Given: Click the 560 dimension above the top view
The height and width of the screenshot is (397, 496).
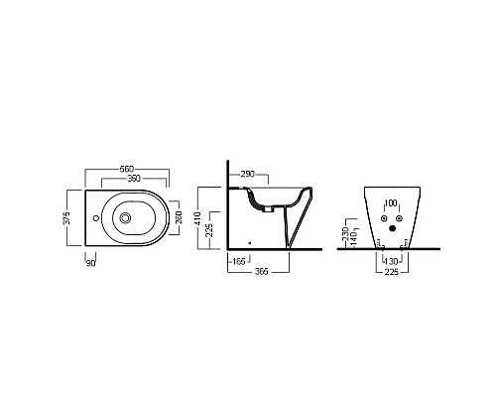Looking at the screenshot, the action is tap(127, 169).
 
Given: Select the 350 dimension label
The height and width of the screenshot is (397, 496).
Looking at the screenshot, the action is tap(134, 179).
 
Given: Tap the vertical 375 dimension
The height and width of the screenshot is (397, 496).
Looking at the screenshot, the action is tap(66, 218).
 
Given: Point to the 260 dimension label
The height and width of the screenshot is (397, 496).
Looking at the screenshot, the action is tap(179, 217).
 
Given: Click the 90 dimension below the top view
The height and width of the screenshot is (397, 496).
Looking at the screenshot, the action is tap(90, 264).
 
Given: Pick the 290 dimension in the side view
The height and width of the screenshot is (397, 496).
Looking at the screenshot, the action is tap(248, 174).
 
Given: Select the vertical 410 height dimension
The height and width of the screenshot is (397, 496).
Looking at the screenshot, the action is tap(198, 218).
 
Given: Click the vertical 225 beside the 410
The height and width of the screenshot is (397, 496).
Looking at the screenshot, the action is tap(209, 230).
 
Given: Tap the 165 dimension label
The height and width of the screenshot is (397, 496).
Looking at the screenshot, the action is tap(239, 262).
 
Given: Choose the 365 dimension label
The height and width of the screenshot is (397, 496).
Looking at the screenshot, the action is tap(261, 272).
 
